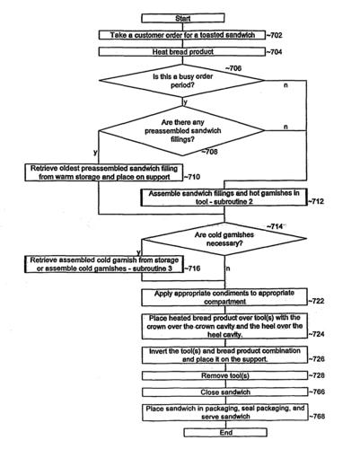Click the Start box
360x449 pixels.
point(183,18)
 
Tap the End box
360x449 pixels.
point(225,433)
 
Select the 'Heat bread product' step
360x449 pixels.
point(182,52)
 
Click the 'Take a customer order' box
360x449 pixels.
point(182,35)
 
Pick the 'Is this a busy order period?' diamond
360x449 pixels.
point(182,81)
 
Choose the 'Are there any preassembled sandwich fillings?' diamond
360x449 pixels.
point(182,131)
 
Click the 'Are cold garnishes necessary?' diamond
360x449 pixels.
point(224,239)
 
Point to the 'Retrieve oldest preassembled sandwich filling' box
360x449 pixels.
point(104,172)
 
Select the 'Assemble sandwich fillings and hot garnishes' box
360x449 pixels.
point(224,198)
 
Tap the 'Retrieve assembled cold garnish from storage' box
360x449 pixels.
point(104,264)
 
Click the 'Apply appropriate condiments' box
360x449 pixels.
point(224,297)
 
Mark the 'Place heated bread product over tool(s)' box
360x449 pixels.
point(224,326)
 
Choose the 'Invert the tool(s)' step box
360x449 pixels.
point(224,355)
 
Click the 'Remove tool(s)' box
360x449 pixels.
point(224,375)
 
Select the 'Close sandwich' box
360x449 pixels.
point(224,392)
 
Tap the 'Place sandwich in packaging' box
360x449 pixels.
point(225,412)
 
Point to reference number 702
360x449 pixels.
point(275,35)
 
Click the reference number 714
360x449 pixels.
point(275,227)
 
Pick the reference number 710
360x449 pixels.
point(192,177)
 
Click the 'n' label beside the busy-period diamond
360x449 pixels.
point(285,85)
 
